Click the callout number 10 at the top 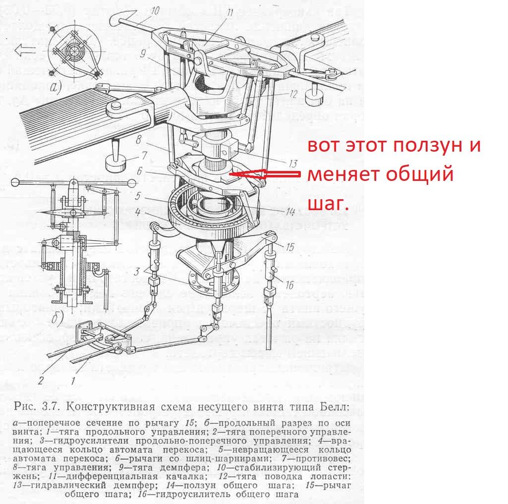point(155,11)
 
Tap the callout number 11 point(229,13)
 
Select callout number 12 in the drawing point(293,94)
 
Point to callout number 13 point(293,164)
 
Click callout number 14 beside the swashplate point(290,212)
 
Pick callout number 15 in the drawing point(289,247)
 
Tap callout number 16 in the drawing point(289,285)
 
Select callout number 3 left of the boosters point(137,272)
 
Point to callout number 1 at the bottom point(73,381)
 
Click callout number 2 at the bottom point(41,380)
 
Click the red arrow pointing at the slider point(265,174)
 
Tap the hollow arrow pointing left point(25,50)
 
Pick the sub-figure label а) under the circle point(56,87)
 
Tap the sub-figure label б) point(57,318)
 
